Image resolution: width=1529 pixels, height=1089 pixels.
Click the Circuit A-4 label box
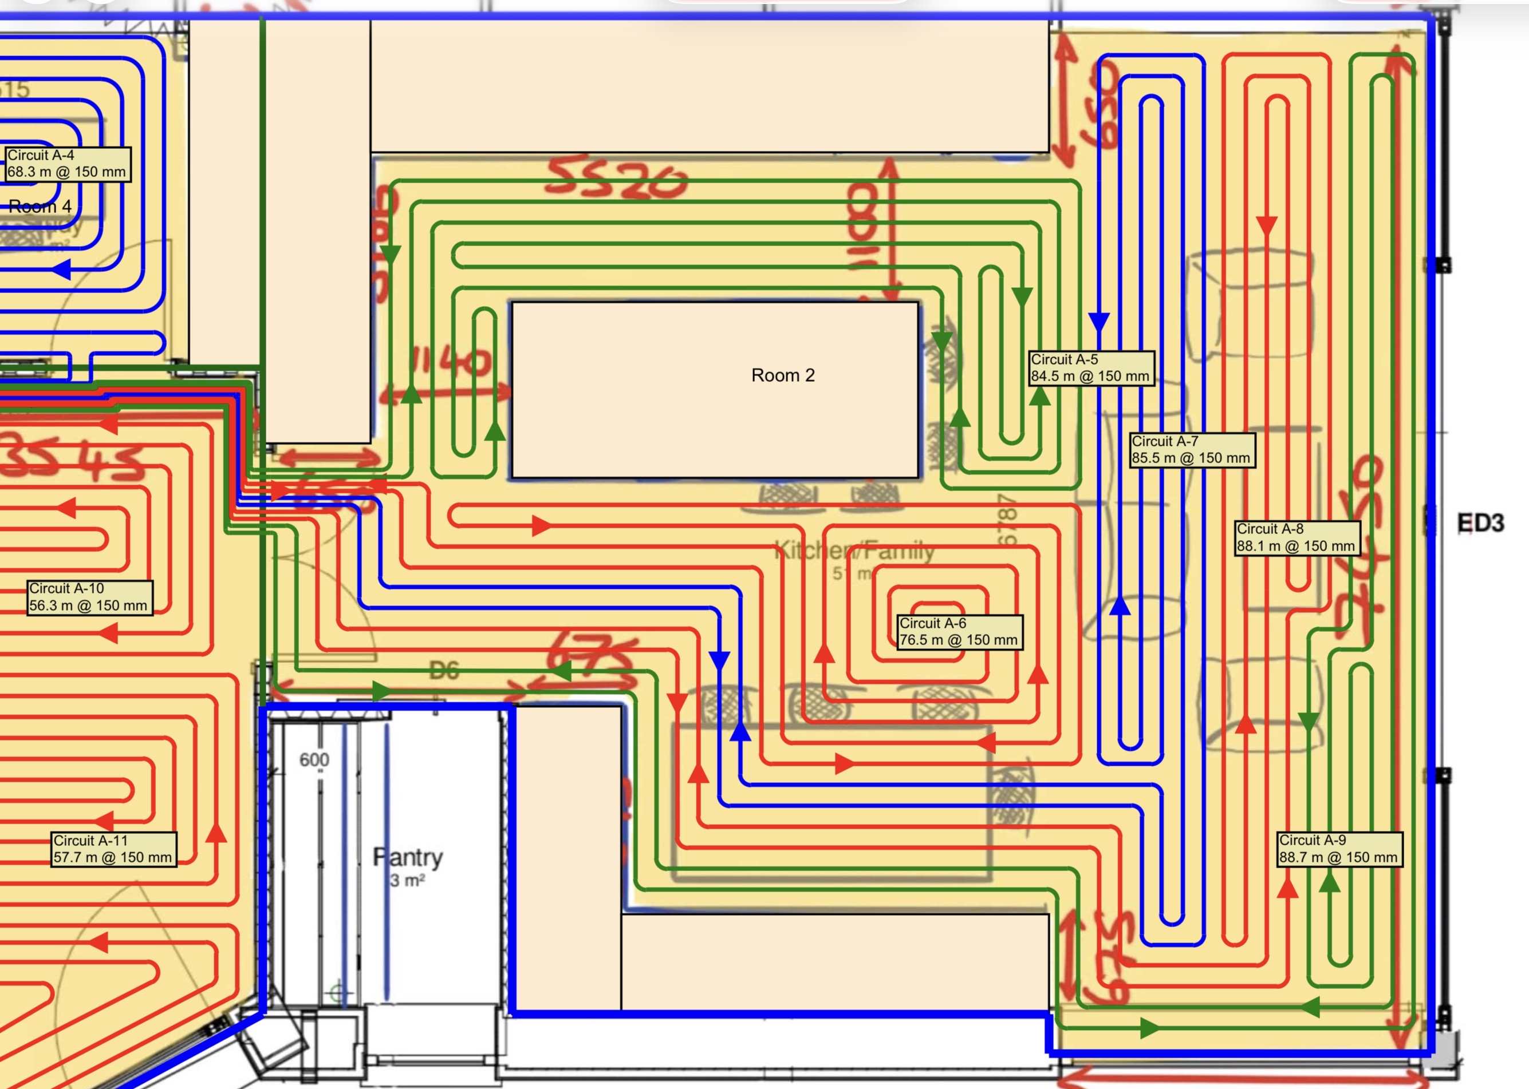click(x=66, y=164)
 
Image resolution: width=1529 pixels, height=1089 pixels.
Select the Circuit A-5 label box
click(x=1090, y=368)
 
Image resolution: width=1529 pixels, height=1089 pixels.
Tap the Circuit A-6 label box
click(x=959, y=632)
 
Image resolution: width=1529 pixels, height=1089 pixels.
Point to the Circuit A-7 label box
click(x=1191, y=450)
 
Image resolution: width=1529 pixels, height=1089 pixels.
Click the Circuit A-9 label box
click(x=1338, y=849)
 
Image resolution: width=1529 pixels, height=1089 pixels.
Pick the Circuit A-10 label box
click(x=89, y=597)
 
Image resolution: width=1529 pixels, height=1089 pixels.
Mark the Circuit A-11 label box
click(x=113, y=849)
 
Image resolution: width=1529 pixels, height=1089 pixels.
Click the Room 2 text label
click(x=782, y=375)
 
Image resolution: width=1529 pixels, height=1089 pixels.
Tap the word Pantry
click(x=408, y=857)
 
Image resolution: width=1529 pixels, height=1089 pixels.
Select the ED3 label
click(x=1480, y=523)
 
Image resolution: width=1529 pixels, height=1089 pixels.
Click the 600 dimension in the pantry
click(x=314, y=760)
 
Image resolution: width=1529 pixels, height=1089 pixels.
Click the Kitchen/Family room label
click(x=854, y=551)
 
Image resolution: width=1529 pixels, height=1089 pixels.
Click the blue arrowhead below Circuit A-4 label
click(x=62, y=270)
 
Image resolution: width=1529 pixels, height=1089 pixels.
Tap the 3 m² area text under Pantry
click(x=407, y=880)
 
